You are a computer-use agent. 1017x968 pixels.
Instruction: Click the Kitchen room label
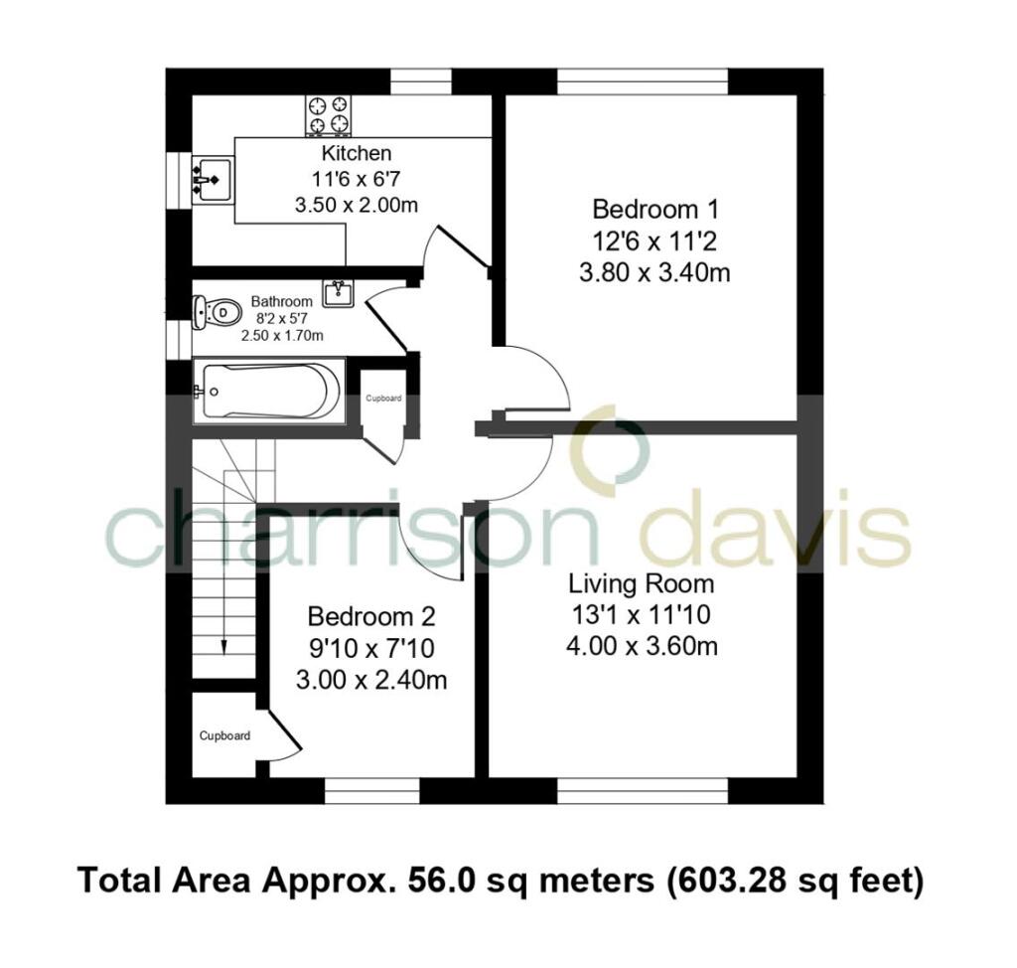tap(356, 154)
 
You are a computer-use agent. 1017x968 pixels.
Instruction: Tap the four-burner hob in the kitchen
tap(330, 113)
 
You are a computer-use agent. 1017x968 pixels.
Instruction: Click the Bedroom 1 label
tap(654, 210)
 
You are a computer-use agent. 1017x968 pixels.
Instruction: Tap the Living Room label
tap(641, 582)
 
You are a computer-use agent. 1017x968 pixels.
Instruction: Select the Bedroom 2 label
tap(370, 616)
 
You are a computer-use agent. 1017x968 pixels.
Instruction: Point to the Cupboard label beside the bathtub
tap(383, 399)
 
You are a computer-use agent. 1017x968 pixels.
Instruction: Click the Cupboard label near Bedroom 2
tap(224, 736)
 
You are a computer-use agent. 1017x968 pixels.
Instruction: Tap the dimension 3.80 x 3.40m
tap(654, 270)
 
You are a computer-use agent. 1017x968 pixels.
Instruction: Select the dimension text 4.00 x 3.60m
tap(641, 646)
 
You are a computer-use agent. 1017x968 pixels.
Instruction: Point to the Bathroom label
tap(281, 301)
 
